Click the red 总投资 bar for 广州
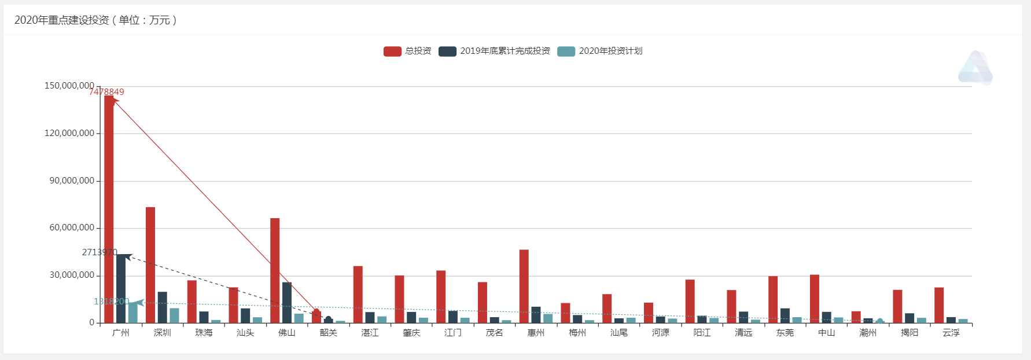(x=109, y=208)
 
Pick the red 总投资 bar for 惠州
(x=524, y=286)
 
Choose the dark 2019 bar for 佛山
(x=287, y=302)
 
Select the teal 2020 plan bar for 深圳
(x=174, y=315)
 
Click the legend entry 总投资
(x=407, y=51)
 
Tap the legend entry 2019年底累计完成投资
(x=494, y=51)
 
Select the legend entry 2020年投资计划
(x=599, y=51)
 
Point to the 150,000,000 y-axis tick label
(x=69, y=86)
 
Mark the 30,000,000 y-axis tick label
(x=72, y=275)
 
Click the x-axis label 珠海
(x=204, y=333)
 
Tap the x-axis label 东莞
(x=785, y=333)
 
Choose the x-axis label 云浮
(x=951, y=333)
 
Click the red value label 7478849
(x=106, y=92)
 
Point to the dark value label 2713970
(x=100, y=252)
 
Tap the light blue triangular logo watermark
(x=975, y=68)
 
